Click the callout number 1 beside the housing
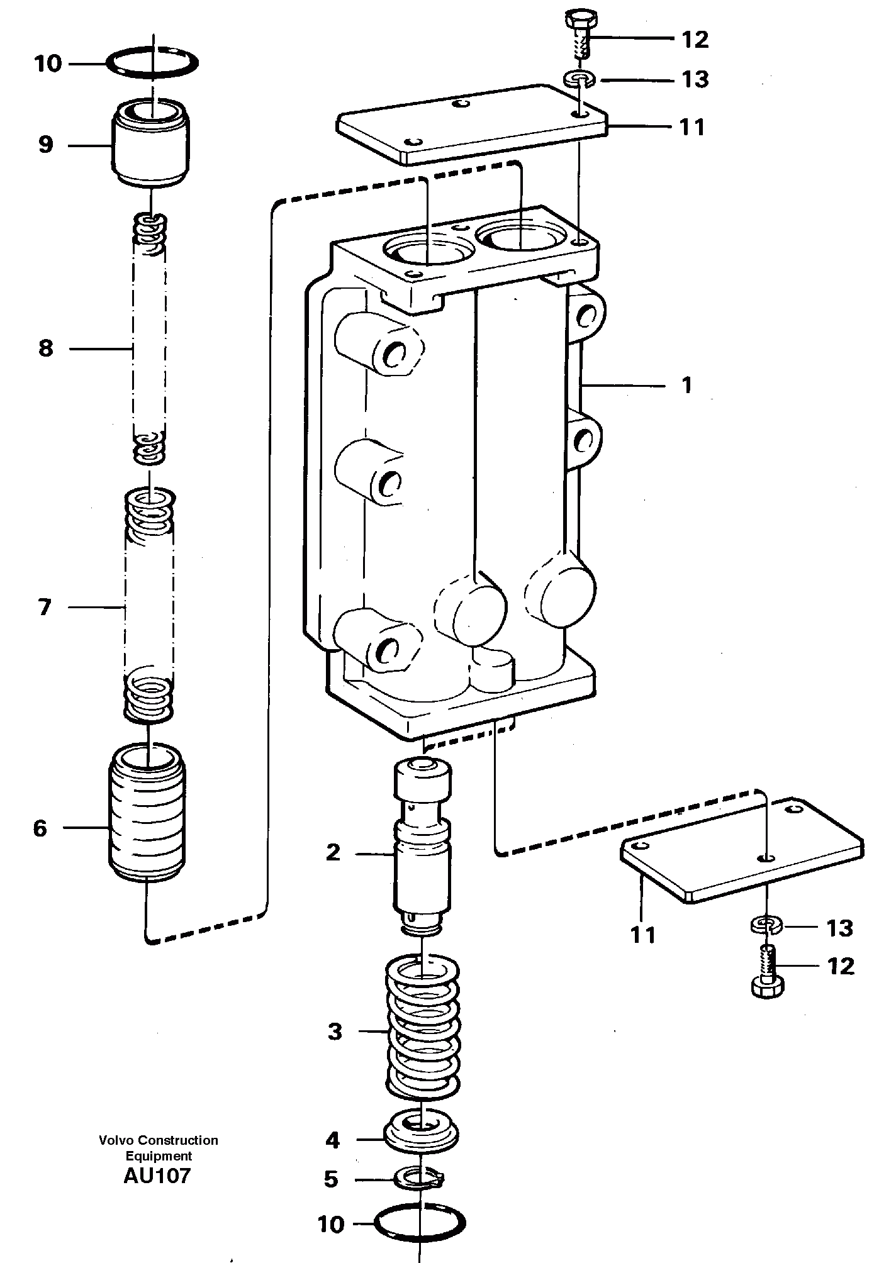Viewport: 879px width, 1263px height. click(x=686, y=384)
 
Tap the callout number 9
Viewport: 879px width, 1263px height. click(x=45, y=145)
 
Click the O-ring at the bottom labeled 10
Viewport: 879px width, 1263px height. click(x=419, y=1223)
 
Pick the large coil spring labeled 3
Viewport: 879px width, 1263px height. click(x=422, y=1032)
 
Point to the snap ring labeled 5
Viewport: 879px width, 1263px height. click(x=419, y=1177)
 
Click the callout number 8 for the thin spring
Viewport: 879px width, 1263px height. click(x=45, y=348)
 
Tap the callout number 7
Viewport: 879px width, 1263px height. click(x=44, y=608)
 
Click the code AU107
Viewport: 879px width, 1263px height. click(x=157, y=1176)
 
